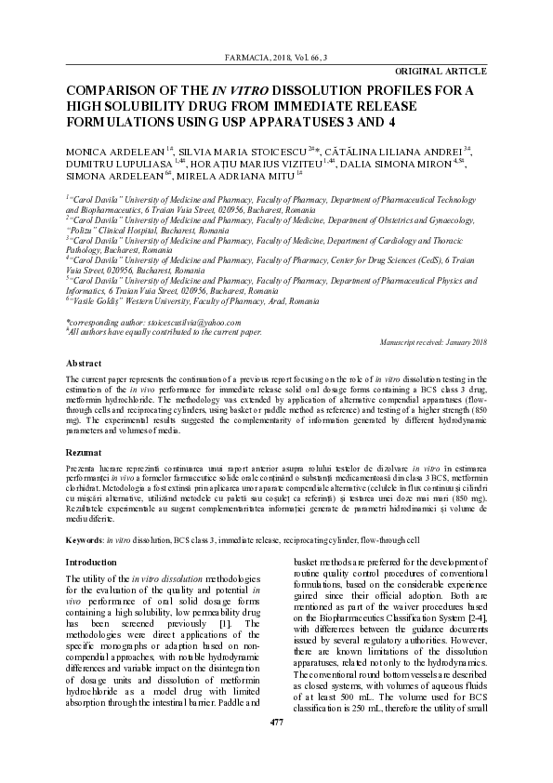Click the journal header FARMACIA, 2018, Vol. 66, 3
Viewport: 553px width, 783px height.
coord(276,59)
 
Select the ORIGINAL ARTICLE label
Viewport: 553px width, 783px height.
coord(441,72)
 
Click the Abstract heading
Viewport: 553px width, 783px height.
coord(82,363)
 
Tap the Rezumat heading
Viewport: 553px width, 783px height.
coord(82,449)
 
